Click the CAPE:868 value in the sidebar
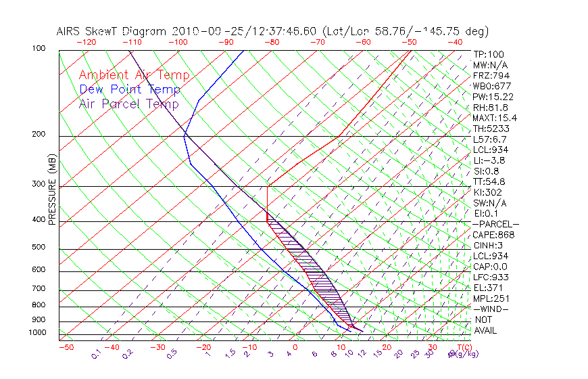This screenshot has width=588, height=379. coord(493,235)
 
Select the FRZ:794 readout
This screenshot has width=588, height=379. coord(489,75)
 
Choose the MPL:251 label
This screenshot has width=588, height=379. coord(491,298)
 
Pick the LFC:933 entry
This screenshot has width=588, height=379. coord(491,277)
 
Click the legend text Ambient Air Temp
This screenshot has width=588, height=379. coord(134,75)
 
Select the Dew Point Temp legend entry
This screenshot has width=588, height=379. coord(130,89)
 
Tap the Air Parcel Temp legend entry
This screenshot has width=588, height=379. coord(129,104)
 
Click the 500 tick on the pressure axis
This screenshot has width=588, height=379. coord(39,248)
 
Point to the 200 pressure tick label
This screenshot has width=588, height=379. coord(39,134)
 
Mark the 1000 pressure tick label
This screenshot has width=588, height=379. coord(37,332)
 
